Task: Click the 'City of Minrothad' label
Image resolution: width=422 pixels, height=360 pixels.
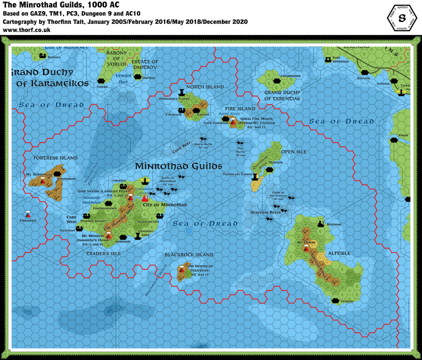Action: tap(165, 205)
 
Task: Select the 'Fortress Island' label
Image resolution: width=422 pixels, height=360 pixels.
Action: tap(55, 158)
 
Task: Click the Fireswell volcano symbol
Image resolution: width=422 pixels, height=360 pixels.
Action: tap(28, 214)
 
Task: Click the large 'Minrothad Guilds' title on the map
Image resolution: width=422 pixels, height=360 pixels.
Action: tap(178, 166)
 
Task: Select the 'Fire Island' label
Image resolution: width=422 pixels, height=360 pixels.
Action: tap(240, 108)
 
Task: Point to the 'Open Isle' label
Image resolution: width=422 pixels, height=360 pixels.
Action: tap(294, 152)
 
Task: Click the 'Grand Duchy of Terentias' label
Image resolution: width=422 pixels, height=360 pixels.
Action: tap(282, 96)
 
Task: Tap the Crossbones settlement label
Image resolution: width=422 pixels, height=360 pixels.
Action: tap(291, 76)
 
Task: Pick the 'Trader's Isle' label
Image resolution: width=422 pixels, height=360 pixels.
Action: tap(103, 253)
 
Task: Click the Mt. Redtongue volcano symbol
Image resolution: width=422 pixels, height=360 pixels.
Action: tap(42, 180)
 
